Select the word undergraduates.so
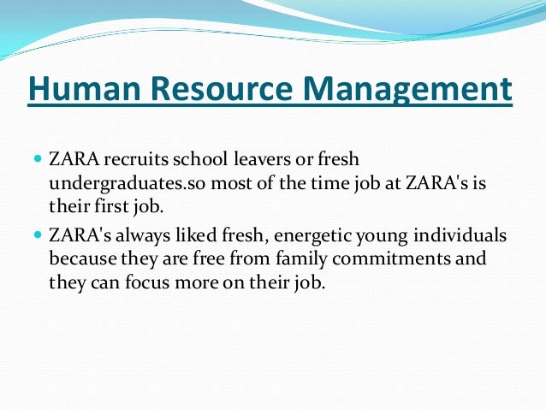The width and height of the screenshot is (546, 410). click(x=111, y=182)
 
